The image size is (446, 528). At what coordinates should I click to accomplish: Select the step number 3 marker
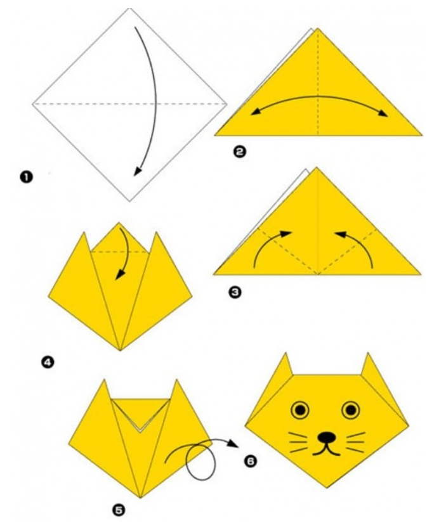[x=236, y=292]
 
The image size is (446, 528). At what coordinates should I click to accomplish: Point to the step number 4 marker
[x=48, y=363]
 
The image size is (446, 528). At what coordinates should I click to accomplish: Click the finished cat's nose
[x=326, y=437]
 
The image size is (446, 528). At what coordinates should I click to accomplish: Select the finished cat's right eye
[x=351, y=410]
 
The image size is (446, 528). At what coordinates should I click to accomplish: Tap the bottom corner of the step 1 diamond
[x=129, y=201]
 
